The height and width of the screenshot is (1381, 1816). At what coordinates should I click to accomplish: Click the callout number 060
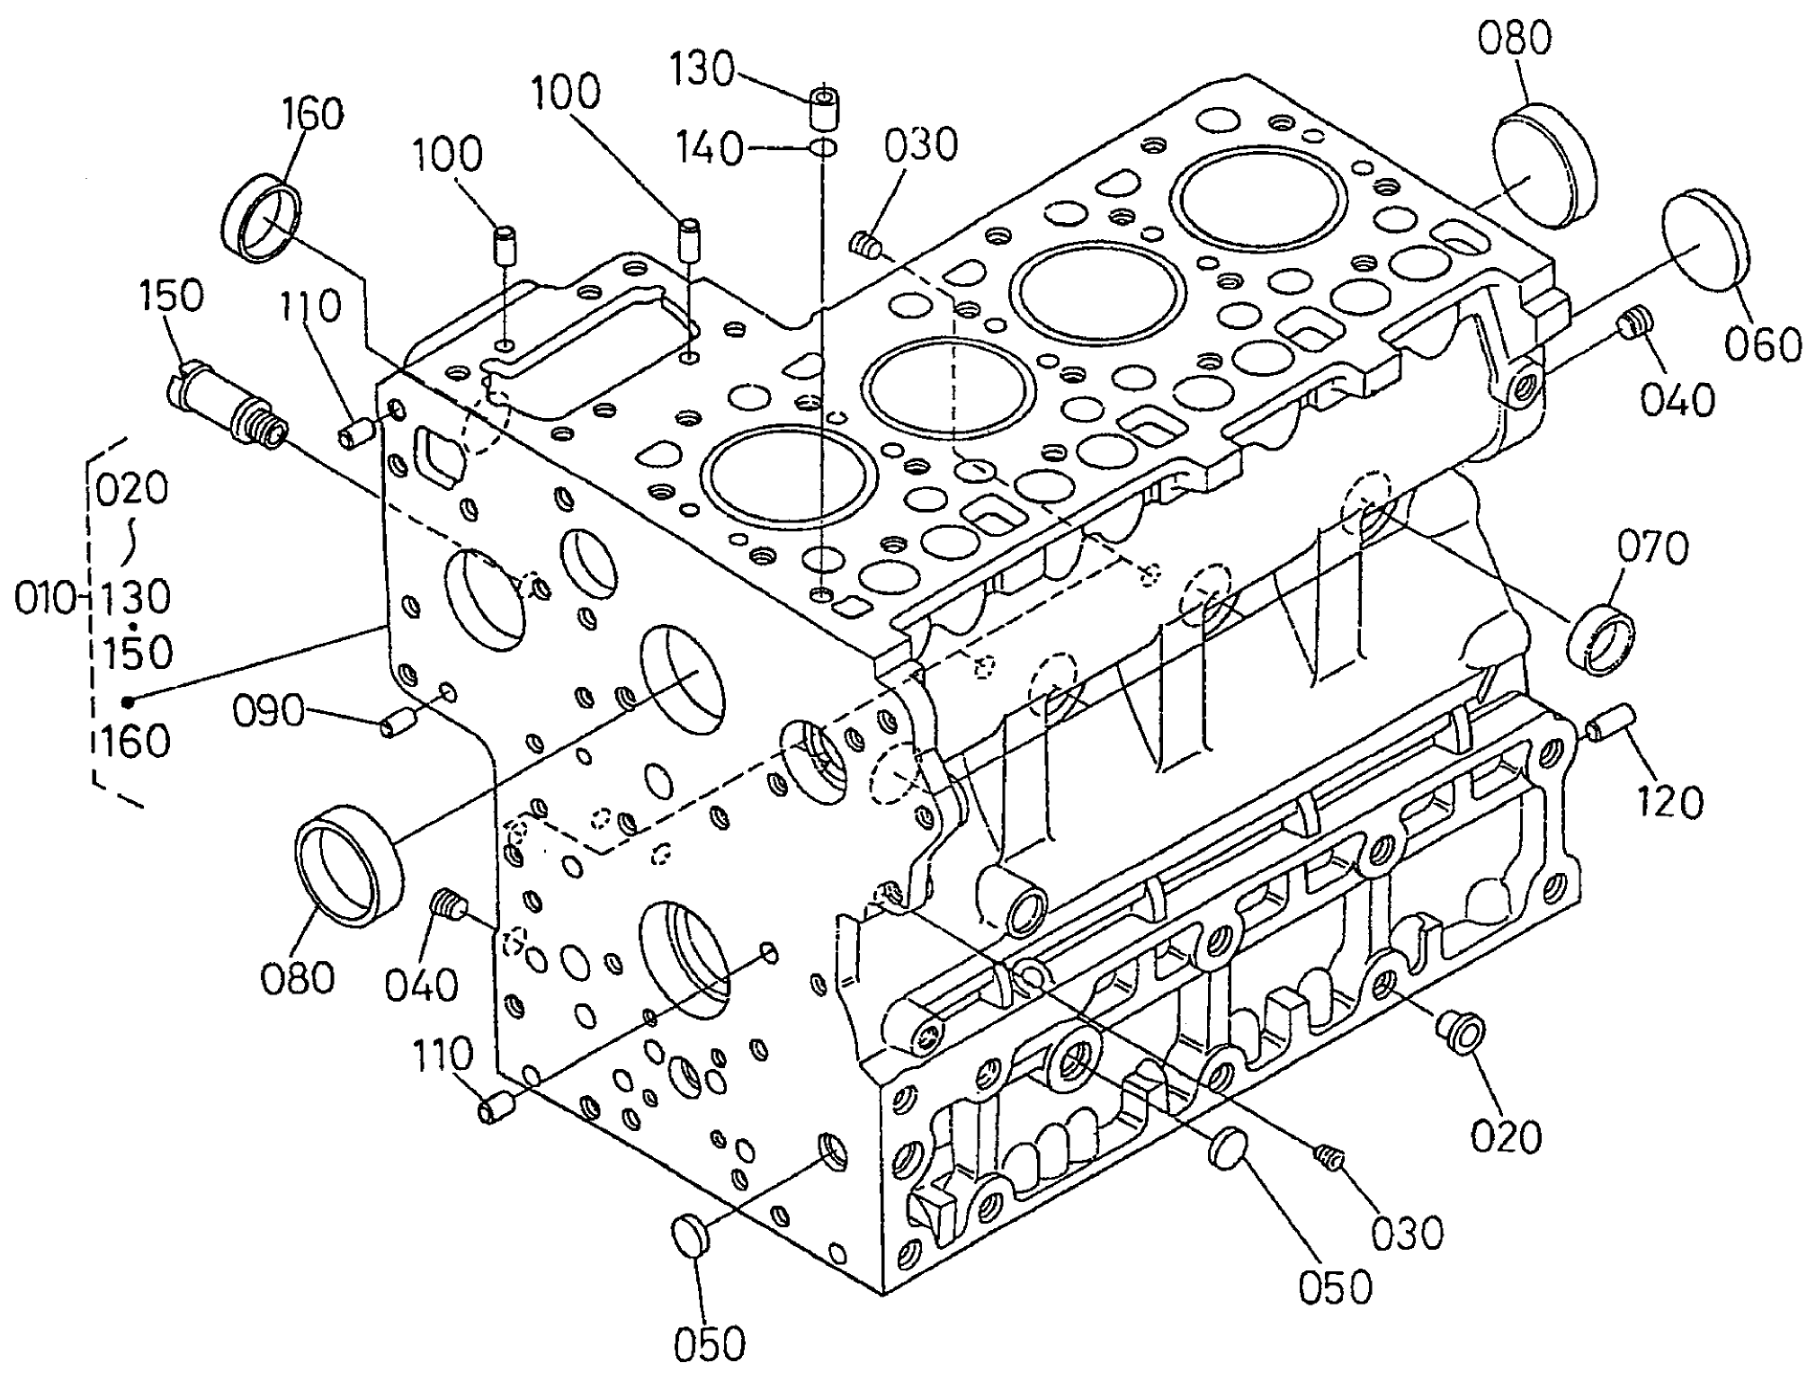[x=1763, y=345]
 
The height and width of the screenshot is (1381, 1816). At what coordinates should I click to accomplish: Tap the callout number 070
[x=1653, y=548]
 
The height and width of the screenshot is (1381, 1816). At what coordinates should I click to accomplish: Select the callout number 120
[x=1670, y=801]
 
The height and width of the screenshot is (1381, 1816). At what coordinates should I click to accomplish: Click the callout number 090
[x=268, y=712]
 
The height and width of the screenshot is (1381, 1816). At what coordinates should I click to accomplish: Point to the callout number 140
[x=711, y=148]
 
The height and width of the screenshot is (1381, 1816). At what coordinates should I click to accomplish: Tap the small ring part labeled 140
[x=824, y=147]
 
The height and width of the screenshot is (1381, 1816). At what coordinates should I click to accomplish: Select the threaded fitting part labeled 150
[x=228, y=405]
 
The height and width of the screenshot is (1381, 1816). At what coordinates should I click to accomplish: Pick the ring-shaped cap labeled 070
[x=1603, y=640]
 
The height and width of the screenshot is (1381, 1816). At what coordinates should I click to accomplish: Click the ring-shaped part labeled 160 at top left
[x=262, y=220]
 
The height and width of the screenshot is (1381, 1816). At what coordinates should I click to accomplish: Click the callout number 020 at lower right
[x=1506, y=1136]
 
